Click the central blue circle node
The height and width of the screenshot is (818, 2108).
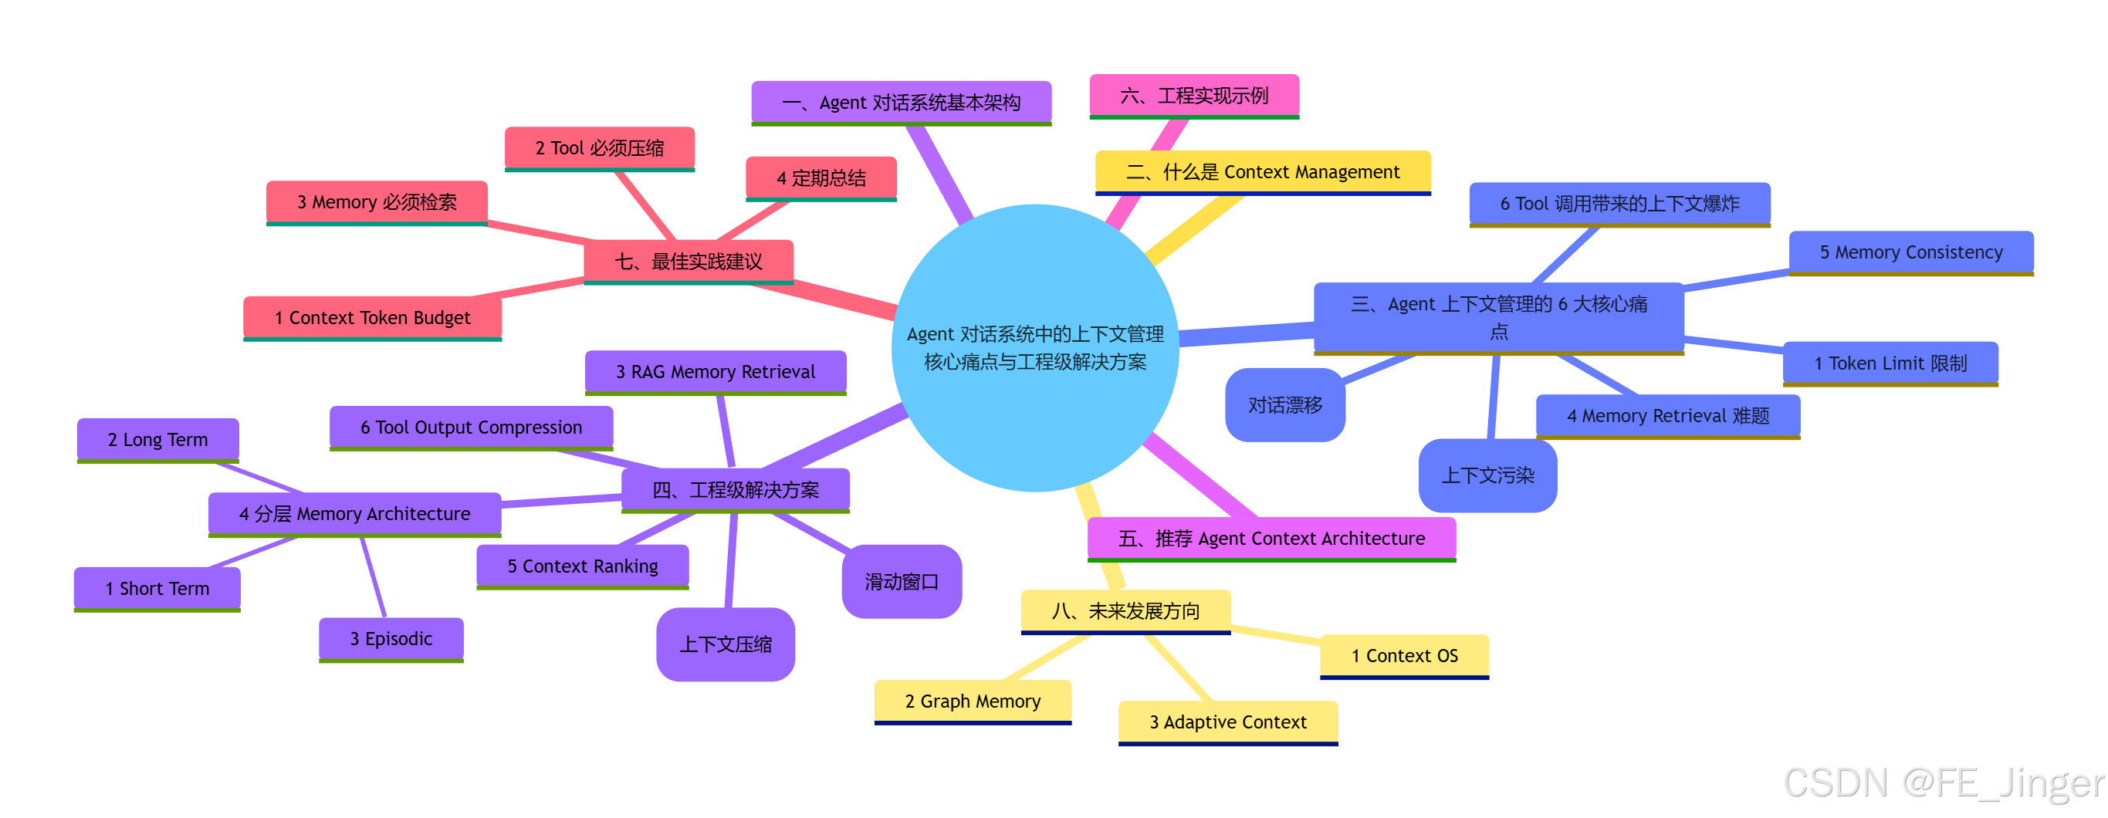click(1034, 347)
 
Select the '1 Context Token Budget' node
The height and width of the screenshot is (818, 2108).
click(372, 317)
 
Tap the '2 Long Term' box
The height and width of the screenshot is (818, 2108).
click(158, 439)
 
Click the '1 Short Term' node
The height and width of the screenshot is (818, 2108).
click(157, 588)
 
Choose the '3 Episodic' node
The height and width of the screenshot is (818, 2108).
click(391, 638)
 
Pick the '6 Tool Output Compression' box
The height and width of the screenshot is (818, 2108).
click(472, 427)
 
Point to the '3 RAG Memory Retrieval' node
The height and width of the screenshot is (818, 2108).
click(716, 371)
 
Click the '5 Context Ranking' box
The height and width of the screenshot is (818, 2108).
click(583, 566)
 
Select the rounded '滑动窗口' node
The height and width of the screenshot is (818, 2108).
click(902, 582)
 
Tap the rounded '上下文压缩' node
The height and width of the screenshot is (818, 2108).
click(726, 644)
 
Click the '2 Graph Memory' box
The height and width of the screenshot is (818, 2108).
click(973, 701)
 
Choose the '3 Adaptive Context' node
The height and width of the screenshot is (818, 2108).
click(1228, 722)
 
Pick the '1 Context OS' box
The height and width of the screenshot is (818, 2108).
click(1404, 655)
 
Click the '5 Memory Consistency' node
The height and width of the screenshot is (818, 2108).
click(1910, 252)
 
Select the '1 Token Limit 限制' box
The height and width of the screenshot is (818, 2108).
click(1890, 363)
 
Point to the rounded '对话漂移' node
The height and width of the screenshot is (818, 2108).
click(1284, 405)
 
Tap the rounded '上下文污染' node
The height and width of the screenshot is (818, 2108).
click(1487, 475)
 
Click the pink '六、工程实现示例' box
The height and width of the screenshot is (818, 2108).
click(1194, 96)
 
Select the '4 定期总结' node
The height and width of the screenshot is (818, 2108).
click(821, 177)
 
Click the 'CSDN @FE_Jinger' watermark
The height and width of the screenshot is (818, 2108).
click(1944, 783)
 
